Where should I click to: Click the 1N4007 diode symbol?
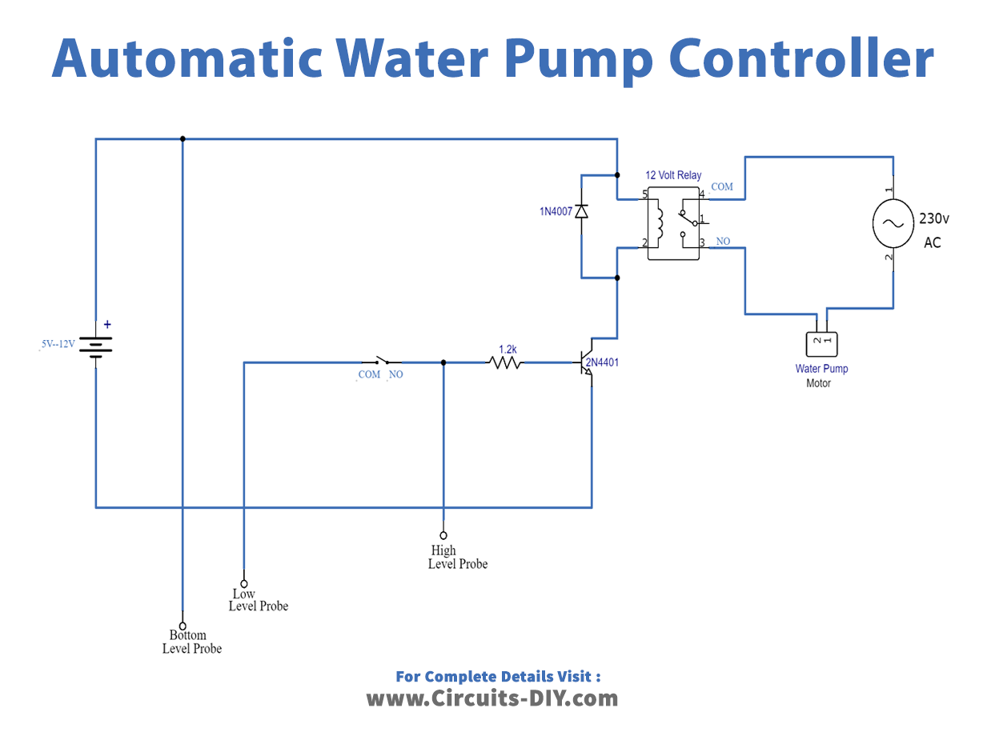(583, 211)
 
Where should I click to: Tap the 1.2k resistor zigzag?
(505, 362)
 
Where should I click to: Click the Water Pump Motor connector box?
(821, 344)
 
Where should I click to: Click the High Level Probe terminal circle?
(443, 535)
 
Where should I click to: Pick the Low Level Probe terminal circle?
(244, 583)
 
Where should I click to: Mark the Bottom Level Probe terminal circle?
(183, 626)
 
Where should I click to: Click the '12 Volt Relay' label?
(672, 175)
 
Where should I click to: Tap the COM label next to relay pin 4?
(721, 186)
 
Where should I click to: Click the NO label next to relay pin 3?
(723, 241)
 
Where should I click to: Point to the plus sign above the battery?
(107, 325)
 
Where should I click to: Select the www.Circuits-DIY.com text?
(492, 698)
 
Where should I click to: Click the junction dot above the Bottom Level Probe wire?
(183, 138)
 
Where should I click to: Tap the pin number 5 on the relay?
(644, 194)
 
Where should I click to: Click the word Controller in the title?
(800, 58)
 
